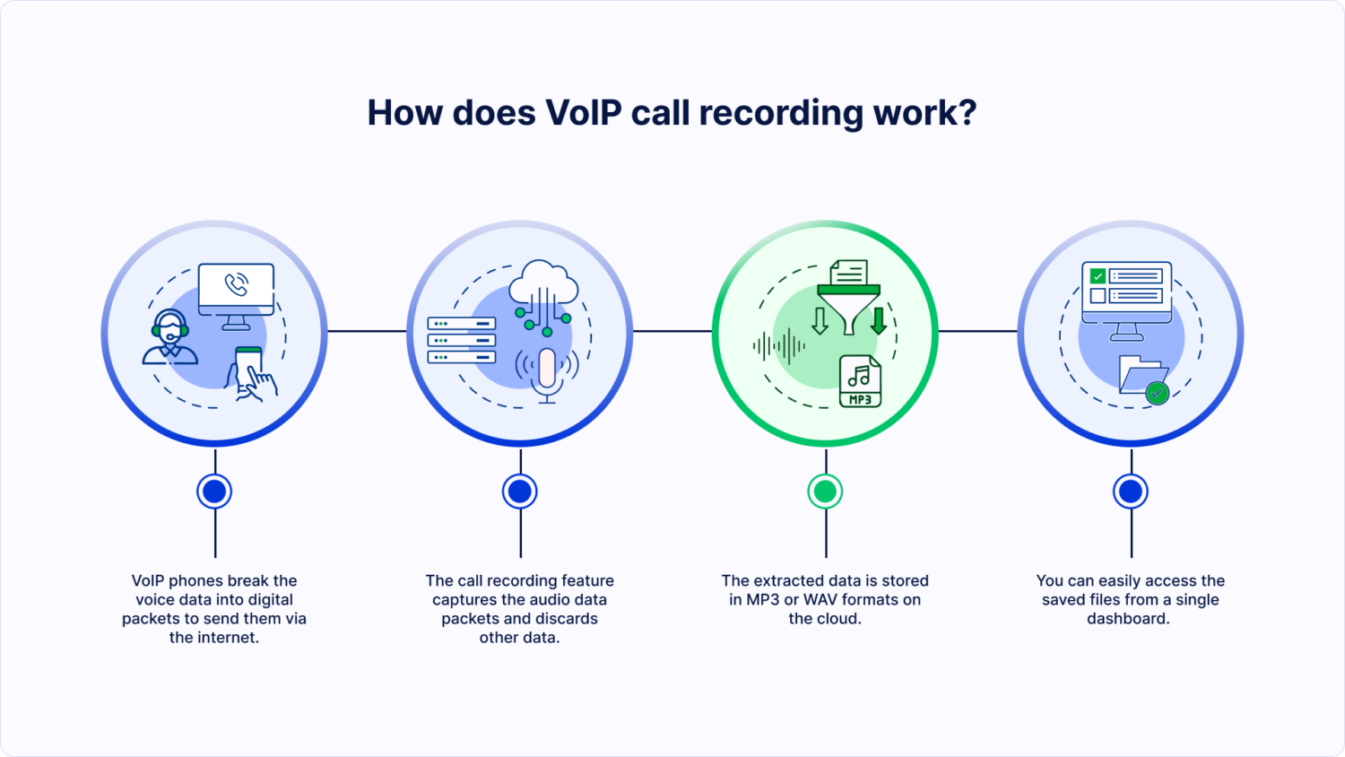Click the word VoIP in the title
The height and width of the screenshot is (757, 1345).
click(x=584, y=113)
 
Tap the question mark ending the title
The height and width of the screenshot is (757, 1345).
click(x=967, y=113)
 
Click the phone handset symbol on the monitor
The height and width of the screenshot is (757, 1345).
click(x=237, y=285)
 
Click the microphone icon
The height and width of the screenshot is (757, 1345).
click(x=547, y=371)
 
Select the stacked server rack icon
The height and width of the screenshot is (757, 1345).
click(x=462, y=340)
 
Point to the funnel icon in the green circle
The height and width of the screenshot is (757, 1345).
click(x=848, y=306)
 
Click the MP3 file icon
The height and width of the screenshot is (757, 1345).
click(x=860, y=381)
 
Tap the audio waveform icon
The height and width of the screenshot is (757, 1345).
click(x=778, y=345)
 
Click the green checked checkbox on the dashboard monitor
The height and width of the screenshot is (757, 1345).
click(x=1098, y=276)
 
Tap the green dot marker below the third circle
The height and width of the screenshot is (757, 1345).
click(x=825, y=492)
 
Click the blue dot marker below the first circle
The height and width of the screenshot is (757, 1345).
click(x=214, y=492)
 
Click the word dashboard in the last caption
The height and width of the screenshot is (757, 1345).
click(x=1127, y=619)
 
